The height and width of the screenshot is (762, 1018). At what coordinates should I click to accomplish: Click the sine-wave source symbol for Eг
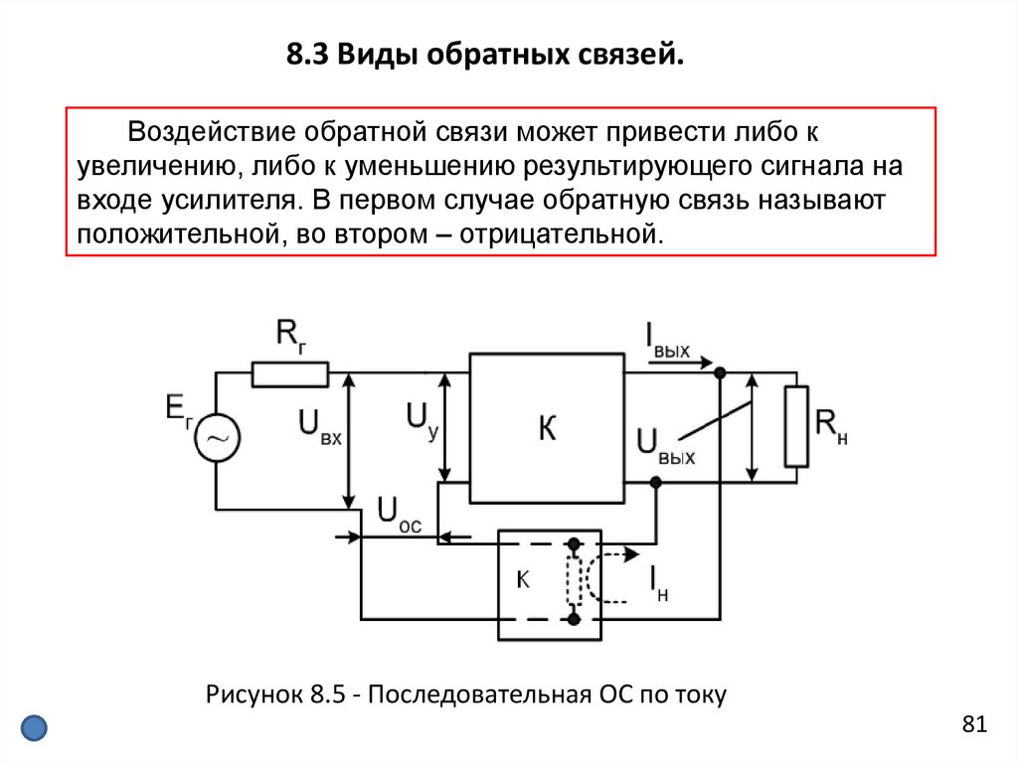click(x=217, y=437)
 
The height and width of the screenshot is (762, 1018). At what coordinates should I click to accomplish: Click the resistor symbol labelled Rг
click(x=289, y=375)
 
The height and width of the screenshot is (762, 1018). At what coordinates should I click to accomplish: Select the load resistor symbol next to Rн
click(x=796, y=427)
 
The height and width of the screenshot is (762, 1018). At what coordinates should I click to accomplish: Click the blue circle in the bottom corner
click(x=35, y=727)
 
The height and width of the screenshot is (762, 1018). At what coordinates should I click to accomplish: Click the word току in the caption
click(x=702, y=694)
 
